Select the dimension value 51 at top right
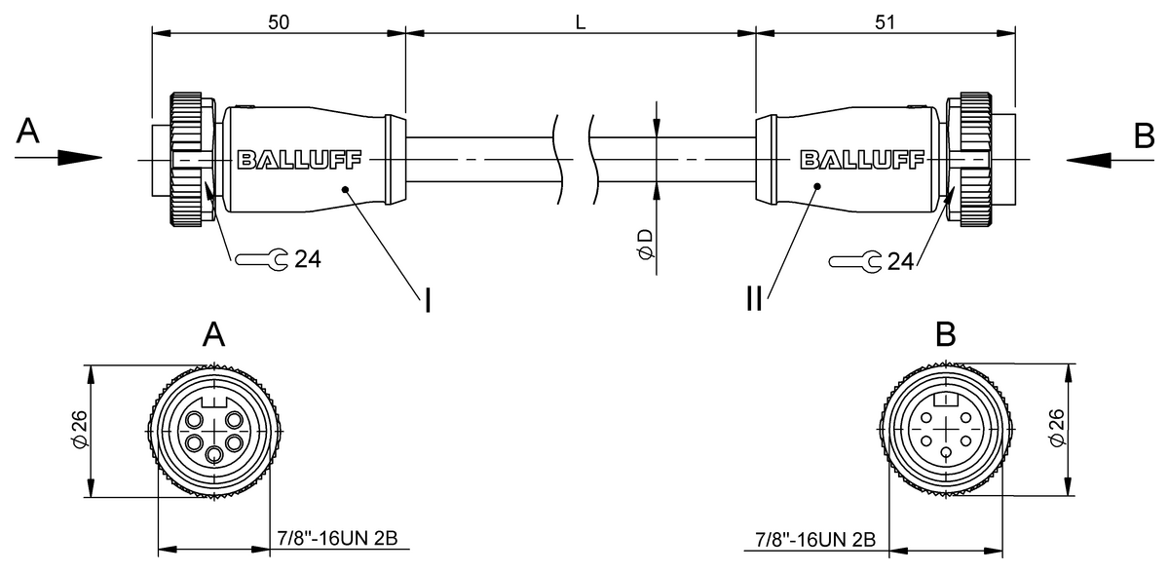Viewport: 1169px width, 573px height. [x=885, y=21]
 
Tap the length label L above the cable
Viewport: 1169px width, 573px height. [x=581, y=21]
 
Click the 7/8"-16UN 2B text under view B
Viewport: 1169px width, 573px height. [x=816, y=538]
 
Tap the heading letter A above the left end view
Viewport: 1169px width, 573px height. [x=214, y=335]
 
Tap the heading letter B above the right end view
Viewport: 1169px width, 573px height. [x=945, y=335]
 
